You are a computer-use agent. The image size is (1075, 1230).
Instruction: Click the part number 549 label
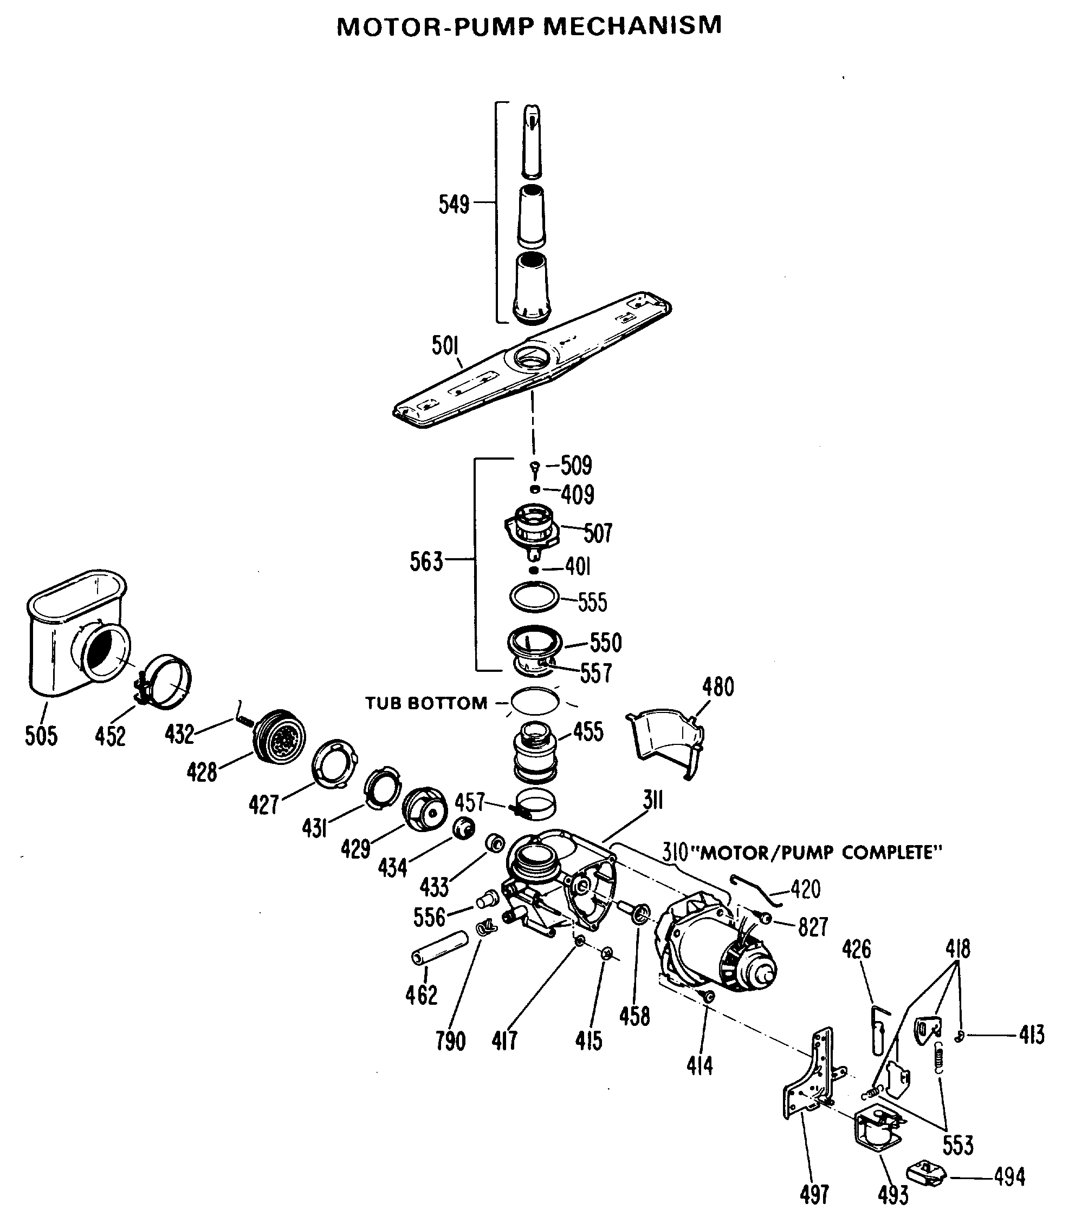tap(454, 205)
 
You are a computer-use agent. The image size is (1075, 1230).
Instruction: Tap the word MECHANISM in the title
tap(632, 26)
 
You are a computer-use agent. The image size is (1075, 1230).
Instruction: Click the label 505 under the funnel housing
tap(41, 735)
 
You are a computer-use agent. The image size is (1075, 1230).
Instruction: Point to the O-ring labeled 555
tap(534, 597)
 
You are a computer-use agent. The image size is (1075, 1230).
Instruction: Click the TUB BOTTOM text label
tap(426, 703)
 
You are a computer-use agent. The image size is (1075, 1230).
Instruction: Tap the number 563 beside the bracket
tap(426, 561)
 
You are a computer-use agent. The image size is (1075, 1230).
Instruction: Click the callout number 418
tap(957, 949)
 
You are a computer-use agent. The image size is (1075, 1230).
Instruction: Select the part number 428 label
tap(202, 772)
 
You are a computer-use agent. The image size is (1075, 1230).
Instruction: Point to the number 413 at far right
tap(1032, 1035)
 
